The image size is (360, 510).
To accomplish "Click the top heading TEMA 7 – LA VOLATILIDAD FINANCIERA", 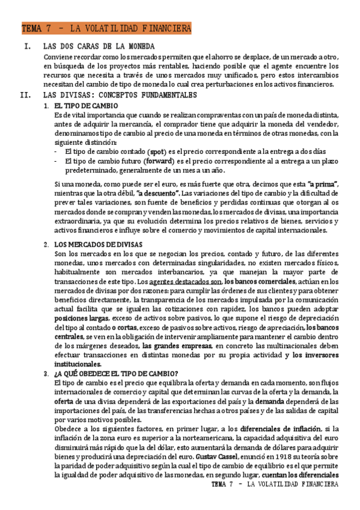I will click(106, 28).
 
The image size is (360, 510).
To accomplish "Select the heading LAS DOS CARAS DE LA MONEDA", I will click(99, 46).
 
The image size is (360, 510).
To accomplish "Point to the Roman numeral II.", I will click(26, 95).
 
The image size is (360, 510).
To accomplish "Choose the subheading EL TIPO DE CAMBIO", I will click(81, 106).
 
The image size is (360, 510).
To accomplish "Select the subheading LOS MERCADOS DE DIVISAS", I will click(98, 244).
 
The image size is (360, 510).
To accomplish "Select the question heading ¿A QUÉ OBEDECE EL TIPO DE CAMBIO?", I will click(115, 373).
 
